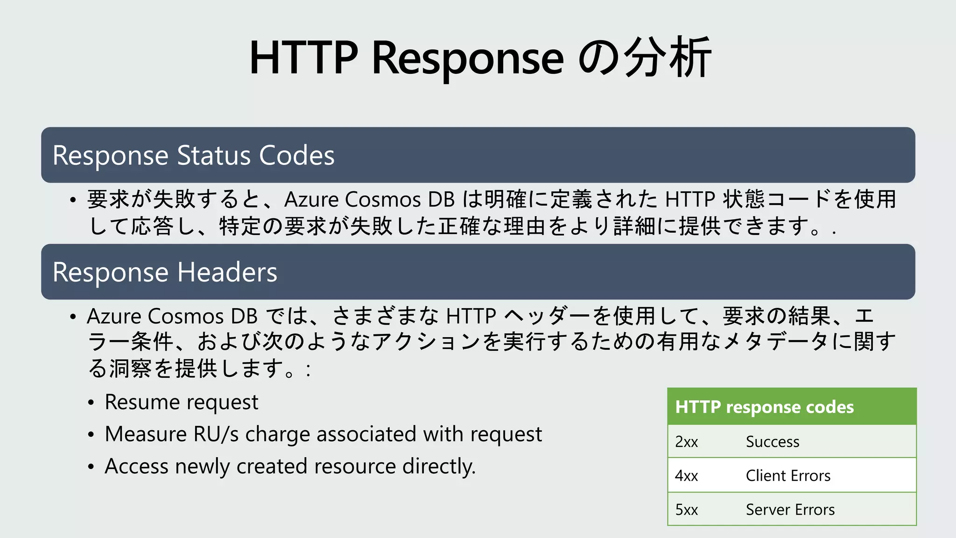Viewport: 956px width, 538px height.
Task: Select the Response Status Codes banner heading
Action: (x=193, y=155)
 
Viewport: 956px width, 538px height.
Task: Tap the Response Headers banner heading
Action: (x=165, y=272)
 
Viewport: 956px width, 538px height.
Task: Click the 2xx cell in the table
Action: (x=686, y=442)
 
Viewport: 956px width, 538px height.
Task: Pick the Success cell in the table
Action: (x=773, y=442)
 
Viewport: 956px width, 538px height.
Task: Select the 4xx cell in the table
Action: (x=686, y=476)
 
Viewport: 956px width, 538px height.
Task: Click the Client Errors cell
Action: (x=788, y=476)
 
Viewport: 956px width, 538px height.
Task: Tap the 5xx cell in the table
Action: (x=686, y=510)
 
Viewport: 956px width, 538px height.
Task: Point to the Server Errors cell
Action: (x=790, y=510)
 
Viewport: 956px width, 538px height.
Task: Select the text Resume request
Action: (x=181, y=403)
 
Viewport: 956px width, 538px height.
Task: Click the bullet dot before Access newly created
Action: (x=91, y=467)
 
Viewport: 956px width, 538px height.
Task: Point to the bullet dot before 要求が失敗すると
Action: (x=73, y=200)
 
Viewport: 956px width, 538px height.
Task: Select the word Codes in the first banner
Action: (x=297, y=155)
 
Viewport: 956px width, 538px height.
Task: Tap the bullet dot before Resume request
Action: (x=91, y=403)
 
